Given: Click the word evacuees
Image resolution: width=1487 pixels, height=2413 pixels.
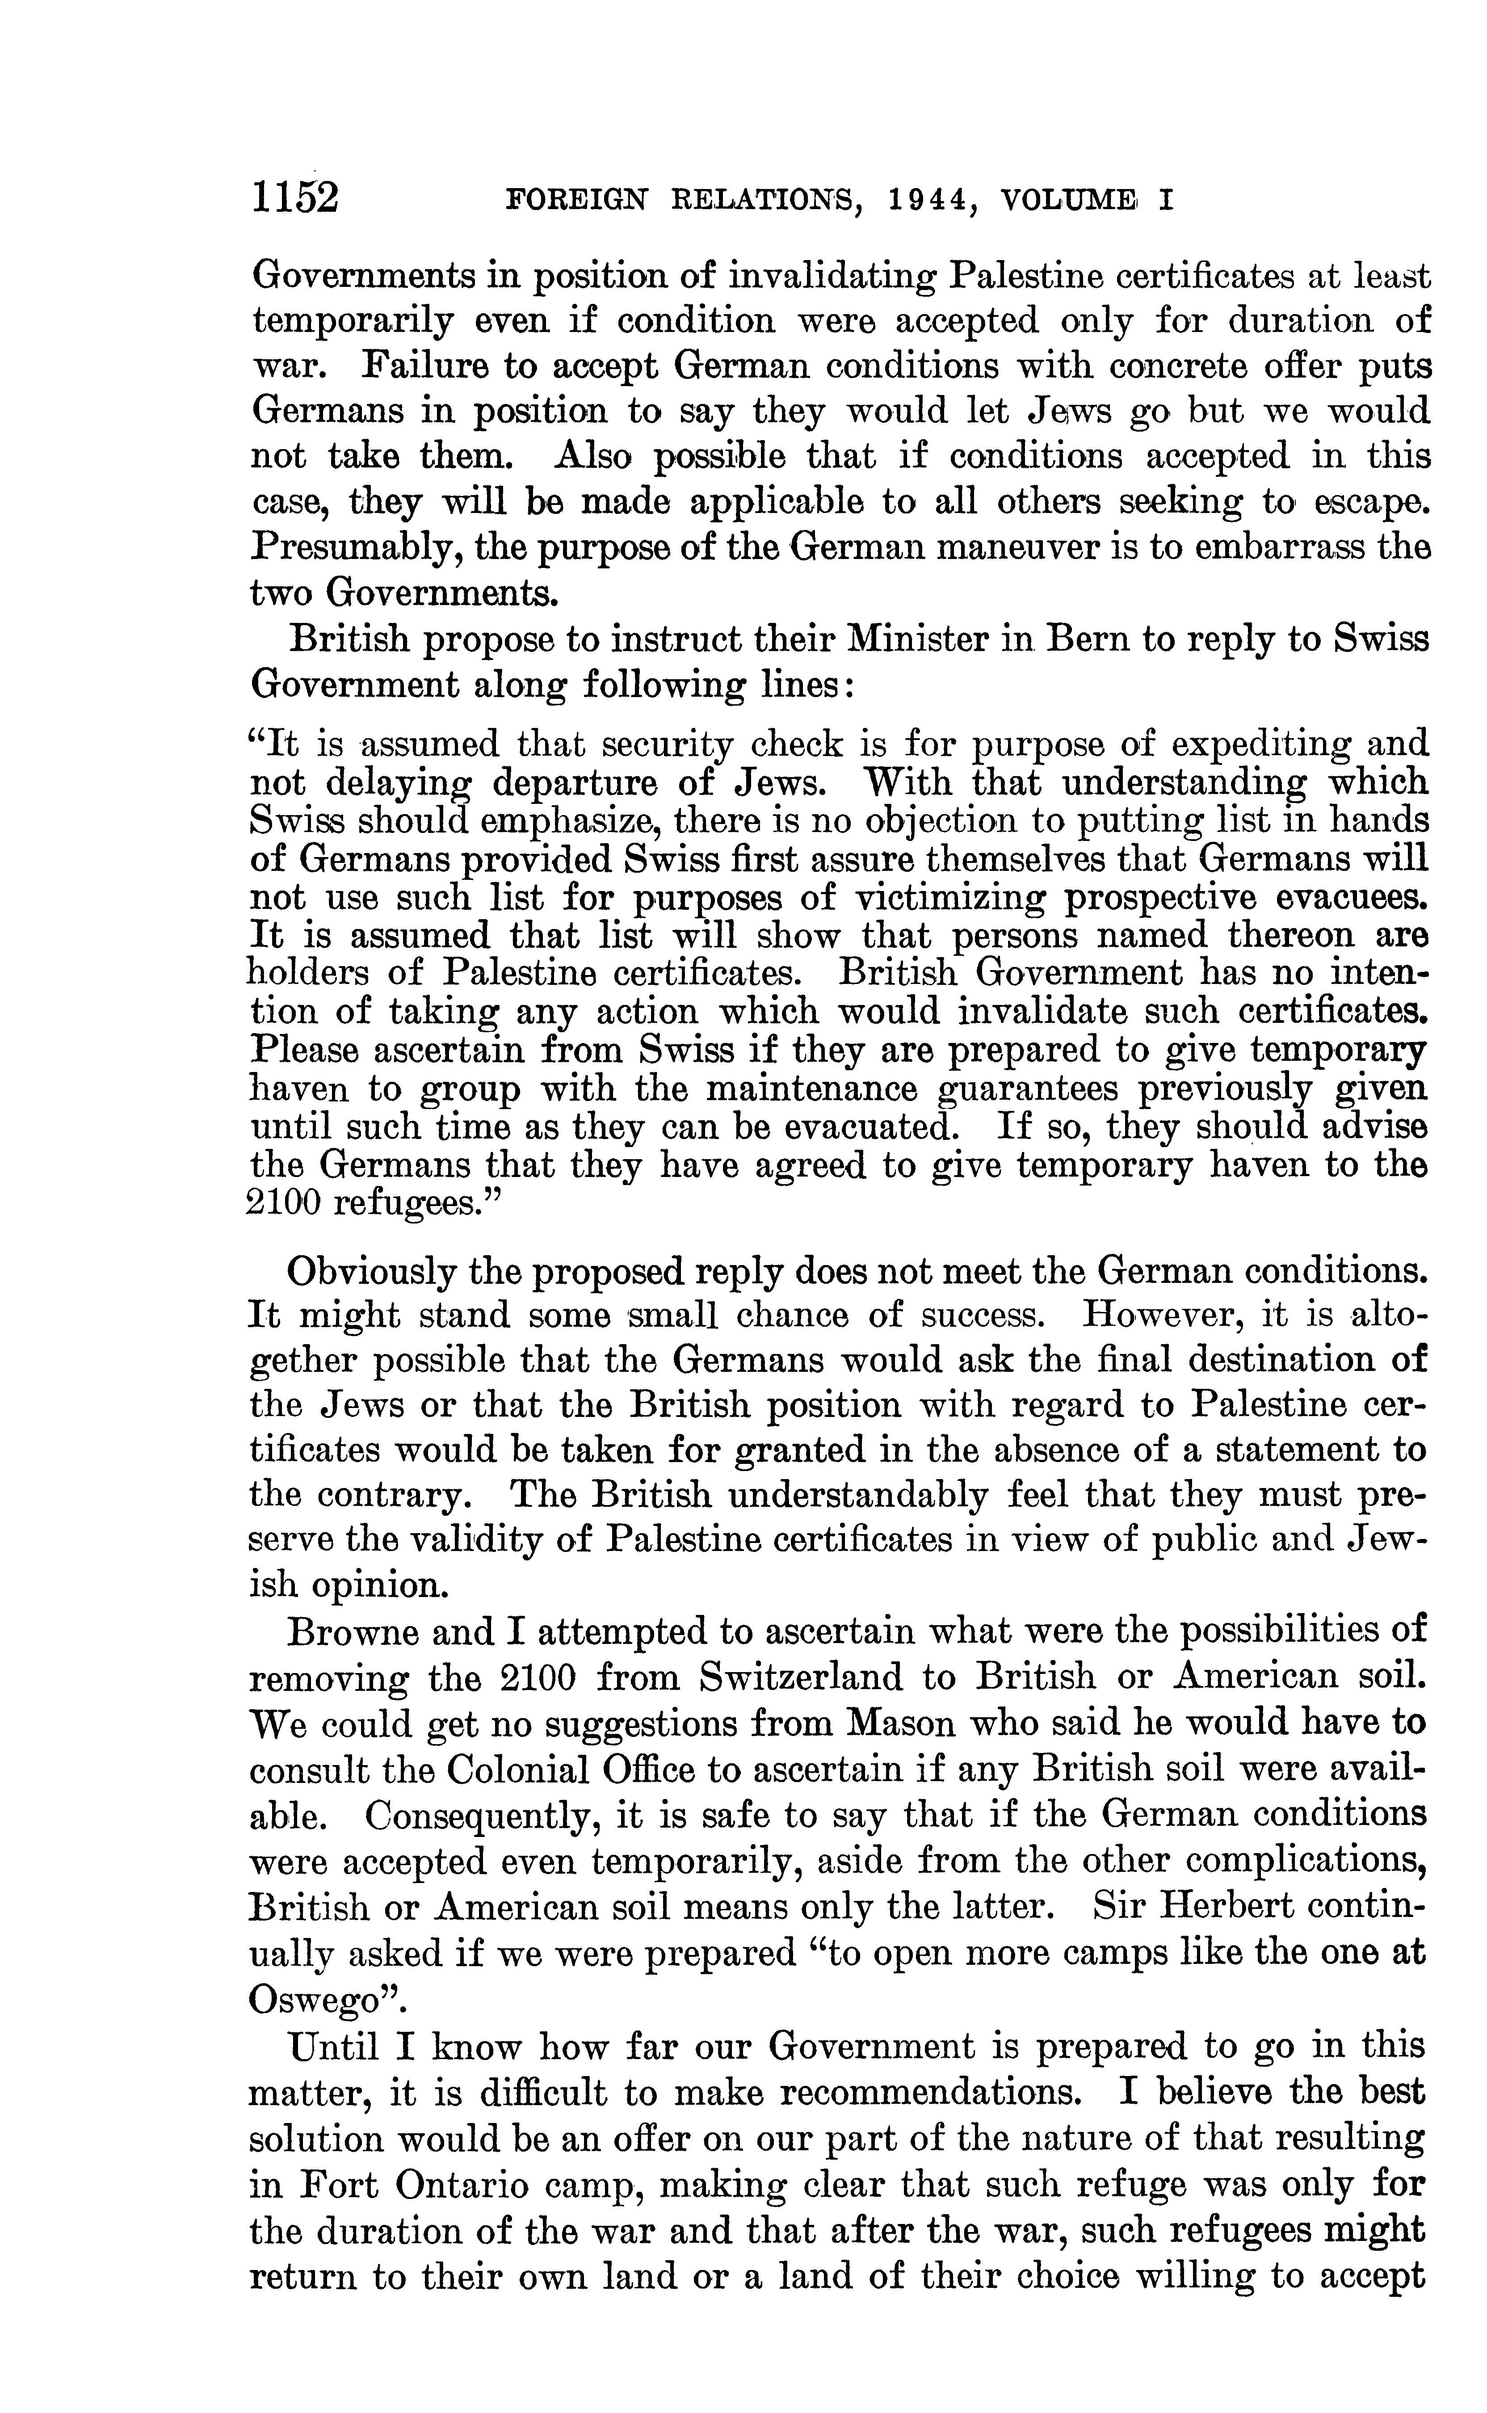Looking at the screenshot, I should [x=1349, y=898].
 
